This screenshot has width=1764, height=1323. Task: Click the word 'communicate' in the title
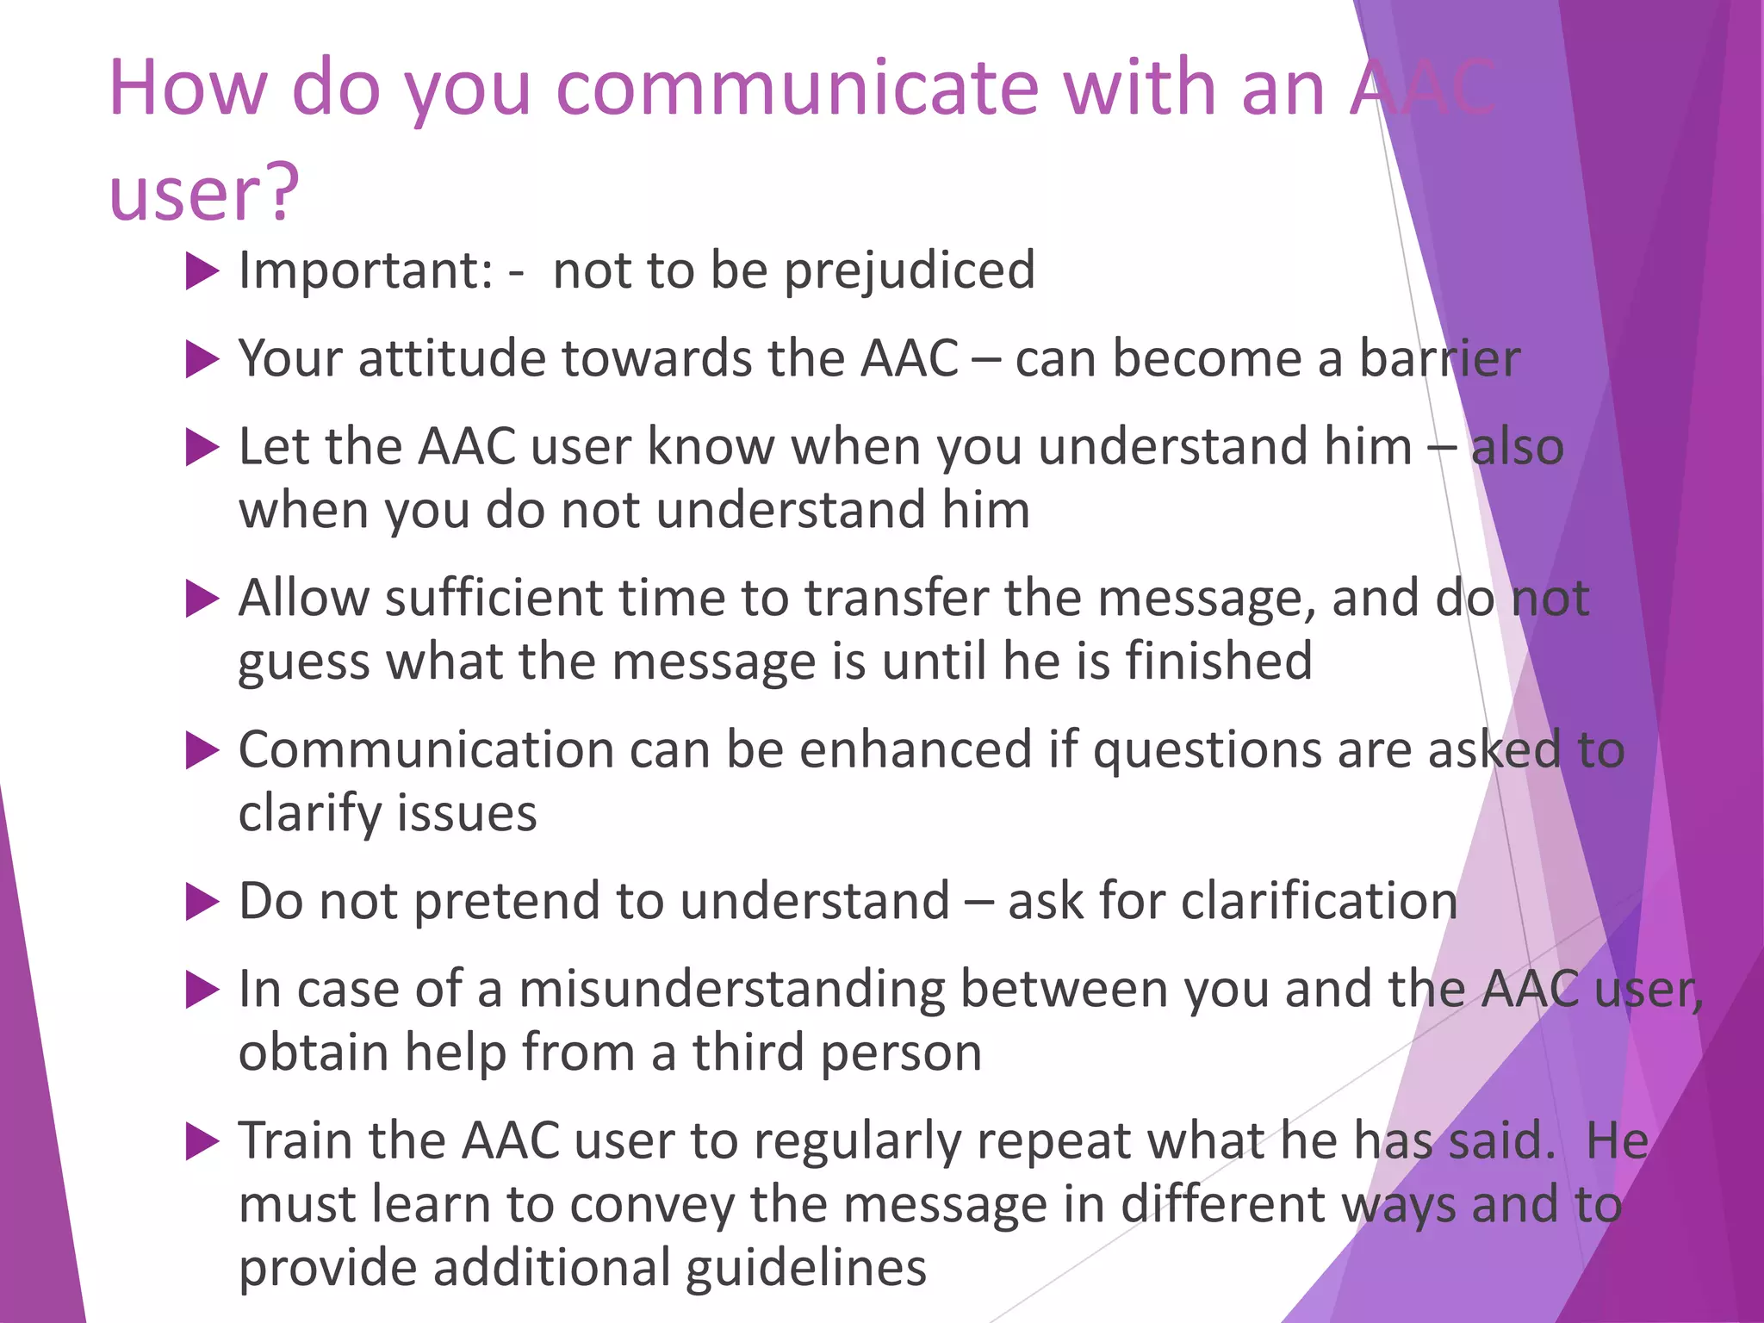click(x=798, y=88)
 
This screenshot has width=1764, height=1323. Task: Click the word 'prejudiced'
click(x=910, y=271)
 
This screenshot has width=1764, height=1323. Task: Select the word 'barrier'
click(x=1439, y=358)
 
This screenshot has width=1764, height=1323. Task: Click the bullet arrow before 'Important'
click(x=202, y=272)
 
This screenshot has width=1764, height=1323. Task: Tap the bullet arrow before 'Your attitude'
click(x=202, y=360)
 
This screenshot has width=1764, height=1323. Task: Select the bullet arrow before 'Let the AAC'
click(x=202, y=448)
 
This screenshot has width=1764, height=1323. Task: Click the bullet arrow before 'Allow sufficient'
click(x=202, y=599)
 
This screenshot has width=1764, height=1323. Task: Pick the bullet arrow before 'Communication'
click(x=202, y=751)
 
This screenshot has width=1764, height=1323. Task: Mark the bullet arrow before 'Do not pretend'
click(x=202, y=903)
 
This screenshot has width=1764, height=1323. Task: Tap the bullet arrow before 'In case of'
click(x=202, y=991)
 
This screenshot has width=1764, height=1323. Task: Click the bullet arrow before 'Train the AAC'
click(x=202, y=1142)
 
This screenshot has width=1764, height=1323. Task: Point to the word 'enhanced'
click(x=915, y=749)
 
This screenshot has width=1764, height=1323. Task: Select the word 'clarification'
click(x=1319, y=902)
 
